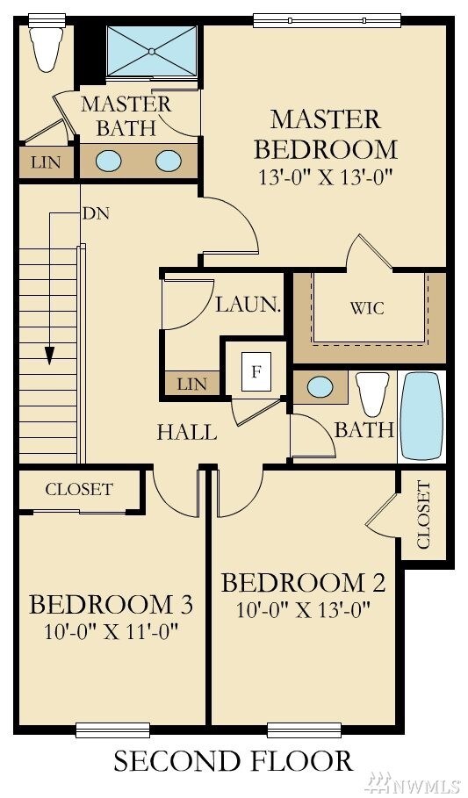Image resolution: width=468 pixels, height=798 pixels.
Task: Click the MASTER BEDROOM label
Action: pos(325,133)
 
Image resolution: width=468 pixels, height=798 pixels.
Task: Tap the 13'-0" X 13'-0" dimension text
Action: pos(325,176)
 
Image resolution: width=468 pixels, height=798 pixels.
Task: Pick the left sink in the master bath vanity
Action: pos(108,161)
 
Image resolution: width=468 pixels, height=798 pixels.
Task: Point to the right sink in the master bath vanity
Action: pos(169,161)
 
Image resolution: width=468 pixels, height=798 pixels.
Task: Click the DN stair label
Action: pos(96,212)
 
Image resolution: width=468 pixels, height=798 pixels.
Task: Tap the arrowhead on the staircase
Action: pos(50,356)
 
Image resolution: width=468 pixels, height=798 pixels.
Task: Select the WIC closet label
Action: pos(367,308)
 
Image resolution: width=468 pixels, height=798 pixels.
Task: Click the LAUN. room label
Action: pos(248,306)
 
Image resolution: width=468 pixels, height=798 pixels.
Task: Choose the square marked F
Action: pos(256,370)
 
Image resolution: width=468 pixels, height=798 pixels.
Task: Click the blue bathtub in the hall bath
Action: pos(421,415)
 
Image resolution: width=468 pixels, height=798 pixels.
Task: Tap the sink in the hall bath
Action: pos(320,386)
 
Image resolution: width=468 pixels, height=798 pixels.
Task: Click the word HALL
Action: pos(187,432)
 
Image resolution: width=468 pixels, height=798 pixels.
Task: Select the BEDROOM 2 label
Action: pos(303,583)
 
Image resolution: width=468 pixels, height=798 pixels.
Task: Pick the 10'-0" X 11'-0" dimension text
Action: pos(112,630)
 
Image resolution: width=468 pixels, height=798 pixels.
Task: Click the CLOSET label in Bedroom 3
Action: pos(79,489)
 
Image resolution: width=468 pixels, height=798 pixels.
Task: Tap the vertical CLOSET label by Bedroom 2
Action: pos(424,514)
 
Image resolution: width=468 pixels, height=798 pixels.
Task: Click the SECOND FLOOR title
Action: pos(233,760)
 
